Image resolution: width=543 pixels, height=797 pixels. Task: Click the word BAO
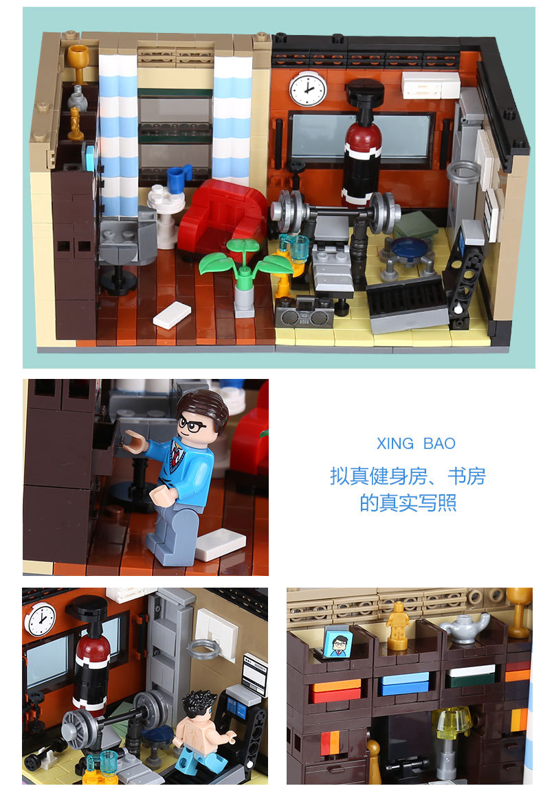(439, 443)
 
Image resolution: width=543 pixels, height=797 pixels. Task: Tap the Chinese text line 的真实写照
(408, 503)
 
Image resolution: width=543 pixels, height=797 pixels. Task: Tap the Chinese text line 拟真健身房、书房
(408, 476)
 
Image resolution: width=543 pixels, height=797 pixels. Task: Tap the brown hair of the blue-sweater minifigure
(205, 405)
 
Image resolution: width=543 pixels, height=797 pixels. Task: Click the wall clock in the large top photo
(307, 89)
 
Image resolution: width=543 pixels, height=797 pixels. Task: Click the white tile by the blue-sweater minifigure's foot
(219, 545)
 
